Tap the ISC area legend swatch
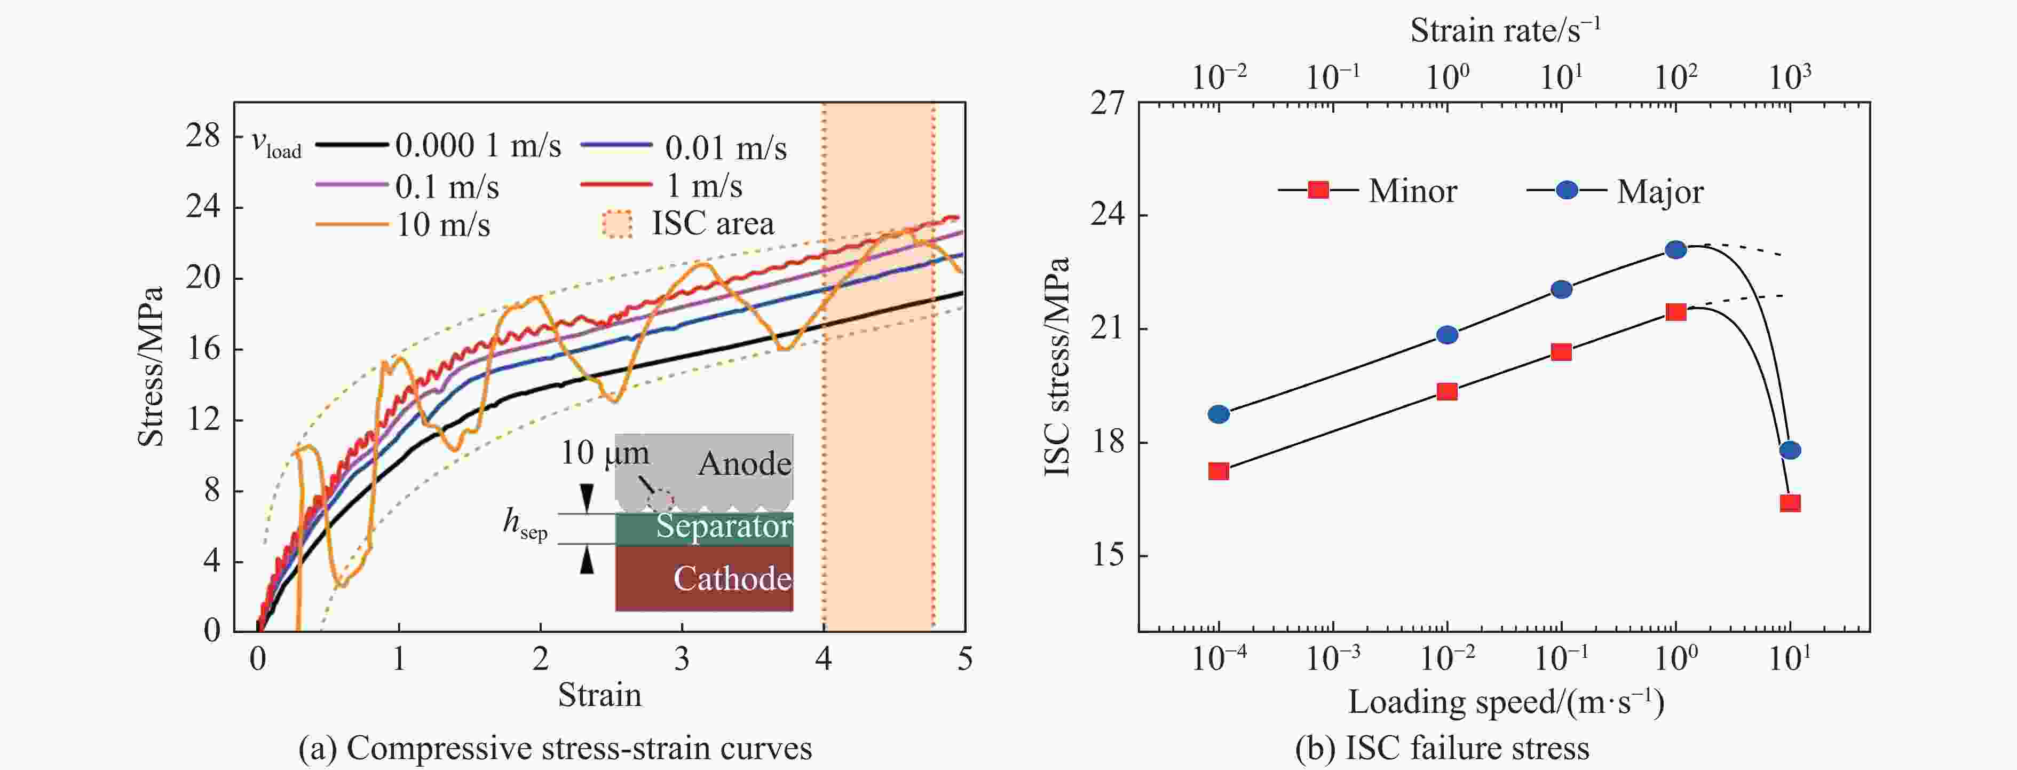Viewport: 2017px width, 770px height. tap(616, 225)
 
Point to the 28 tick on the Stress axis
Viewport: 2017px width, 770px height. tap(203, 136)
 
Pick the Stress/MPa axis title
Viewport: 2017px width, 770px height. tap(151, 367)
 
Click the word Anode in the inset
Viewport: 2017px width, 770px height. tap(744, 463)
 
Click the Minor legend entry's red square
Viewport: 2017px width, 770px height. tap(1318, 190)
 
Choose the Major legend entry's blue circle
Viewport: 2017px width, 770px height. tap(1567, 190)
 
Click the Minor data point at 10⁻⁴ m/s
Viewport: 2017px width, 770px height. tap(1219, 471)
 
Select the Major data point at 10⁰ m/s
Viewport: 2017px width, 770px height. tap(1675, 250)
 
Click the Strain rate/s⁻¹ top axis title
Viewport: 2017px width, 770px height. tap(1505, 30)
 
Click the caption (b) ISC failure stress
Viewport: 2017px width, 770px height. tap(1442, 749)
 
